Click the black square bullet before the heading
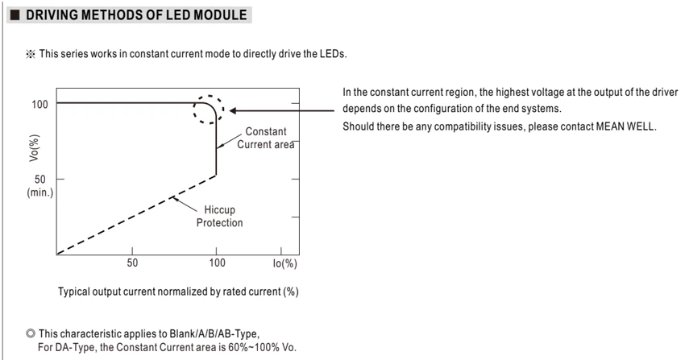(15, 15)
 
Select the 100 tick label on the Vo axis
(39, 104)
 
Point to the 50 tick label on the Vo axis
(39, 180)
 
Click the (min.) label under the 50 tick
(39, 192)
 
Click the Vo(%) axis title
(34, 148)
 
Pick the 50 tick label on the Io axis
(132, 263)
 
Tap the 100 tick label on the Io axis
(217, 263)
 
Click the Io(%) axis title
(284, 263)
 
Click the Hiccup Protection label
(219, 216)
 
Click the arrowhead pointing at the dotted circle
(233, 111)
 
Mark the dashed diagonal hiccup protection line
(136, 215)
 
